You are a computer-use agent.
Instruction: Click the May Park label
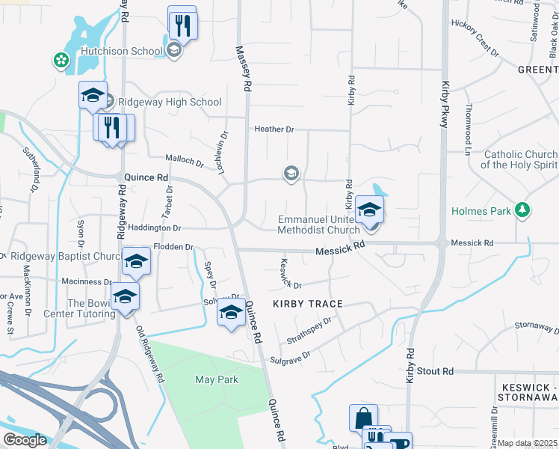[217, 379]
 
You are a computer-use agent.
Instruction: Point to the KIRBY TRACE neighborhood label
[307, 304]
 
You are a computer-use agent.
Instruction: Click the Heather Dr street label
[274, 129]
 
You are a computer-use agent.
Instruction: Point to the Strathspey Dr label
[309, 331]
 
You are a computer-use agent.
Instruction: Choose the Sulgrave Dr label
[290, 353]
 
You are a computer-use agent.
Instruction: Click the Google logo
[25, 440]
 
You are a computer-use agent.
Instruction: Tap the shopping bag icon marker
[363, 417]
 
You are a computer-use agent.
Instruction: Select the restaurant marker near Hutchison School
[182, 25]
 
